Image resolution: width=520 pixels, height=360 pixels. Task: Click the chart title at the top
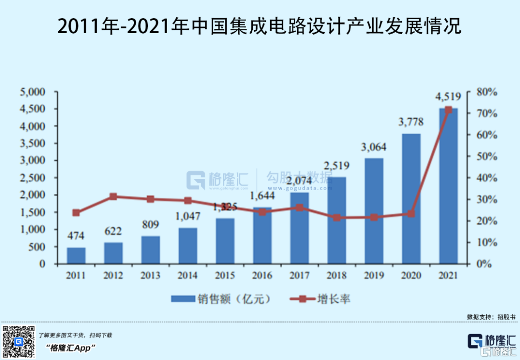pos(260,27)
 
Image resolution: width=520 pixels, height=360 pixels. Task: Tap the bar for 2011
pos(76,256)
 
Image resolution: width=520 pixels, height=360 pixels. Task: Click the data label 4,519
pos(448,97)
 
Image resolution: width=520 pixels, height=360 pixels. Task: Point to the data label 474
pos(76,236)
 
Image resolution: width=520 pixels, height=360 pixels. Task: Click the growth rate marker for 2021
pos(448,110)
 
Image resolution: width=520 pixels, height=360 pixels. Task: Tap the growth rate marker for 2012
pos(113,196)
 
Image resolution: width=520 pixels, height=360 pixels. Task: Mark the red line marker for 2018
pos(337,218)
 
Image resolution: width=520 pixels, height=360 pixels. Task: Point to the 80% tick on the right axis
pos(486,91)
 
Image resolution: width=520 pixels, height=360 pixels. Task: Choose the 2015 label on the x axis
pos(225,276)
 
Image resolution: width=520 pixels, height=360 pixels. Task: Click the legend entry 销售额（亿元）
pos(221,299)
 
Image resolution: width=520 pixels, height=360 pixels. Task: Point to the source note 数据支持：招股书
pos(491,317)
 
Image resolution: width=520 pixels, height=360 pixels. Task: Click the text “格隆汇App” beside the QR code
pos(72,347)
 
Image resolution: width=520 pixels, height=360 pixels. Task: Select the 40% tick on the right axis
pos(486,178)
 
